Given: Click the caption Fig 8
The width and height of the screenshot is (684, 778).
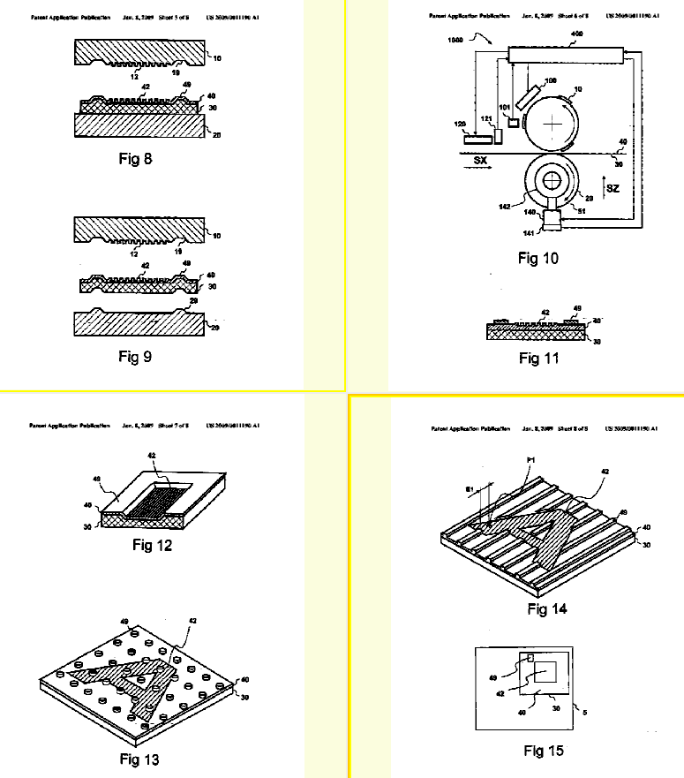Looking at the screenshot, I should (135, 160).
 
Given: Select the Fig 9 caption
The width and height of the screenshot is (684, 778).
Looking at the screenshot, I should (135, 357).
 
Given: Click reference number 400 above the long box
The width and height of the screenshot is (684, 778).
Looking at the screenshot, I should (577, 34).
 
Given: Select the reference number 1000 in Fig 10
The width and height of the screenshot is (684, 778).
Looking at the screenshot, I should (456, 41).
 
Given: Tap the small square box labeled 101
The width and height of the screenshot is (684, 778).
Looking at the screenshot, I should (513, 121).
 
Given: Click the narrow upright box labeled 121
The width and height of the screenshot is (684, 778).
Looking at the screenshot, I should (498, 136).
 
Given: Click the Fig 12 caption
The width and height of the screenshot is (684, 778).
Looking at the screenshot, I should (152, 545).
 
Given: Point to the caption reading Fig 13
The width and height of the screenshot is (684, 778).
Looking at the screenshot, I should (139, 759).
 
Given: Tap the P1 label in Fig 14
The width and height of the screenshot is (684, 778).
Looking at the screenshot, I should (530, 461).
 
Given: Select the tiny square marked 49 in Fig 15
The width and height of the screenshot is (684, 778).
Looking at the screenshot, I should (530, 658).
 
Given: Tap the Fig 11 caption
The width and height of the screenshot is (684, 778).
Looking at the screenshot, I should (540, 358).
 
